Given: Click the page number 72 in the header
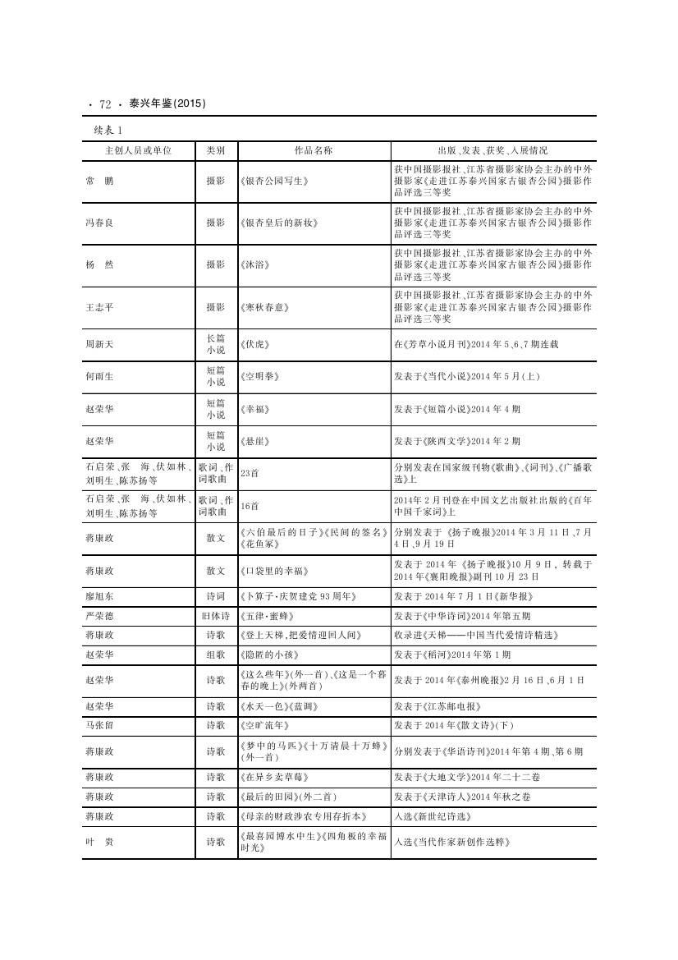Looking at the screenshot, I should tap(104, 104).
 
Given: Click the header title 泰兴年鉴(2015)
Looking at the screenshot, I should tap(167, 103).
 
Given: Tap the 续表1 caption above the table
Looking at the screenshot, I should tap(108, 130).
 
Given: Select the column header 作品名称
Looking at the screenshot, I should tap(313, 150).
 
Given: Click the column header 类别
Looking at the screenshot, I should tap(216, 150).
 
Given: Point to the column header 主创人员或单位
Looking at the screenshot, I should tap(138, 150).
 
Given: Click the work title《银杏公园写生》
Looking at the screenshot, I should tap(274, 180).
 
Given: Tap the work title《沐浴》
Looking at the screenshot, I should tap(254, 265).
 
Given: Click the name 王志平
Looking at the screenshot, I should tap(99, 307).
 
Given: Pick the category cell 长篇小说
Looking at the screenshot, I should tap(216, 344).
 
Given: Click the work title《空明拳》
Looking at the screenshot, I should tap(260, 376).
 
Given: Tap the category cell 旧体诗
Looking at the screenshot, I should tap(216, 615).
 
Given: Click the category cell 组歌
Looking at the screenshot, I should tap(216, 655).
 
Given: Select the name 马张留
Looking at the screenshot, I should tap(99, 725).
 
